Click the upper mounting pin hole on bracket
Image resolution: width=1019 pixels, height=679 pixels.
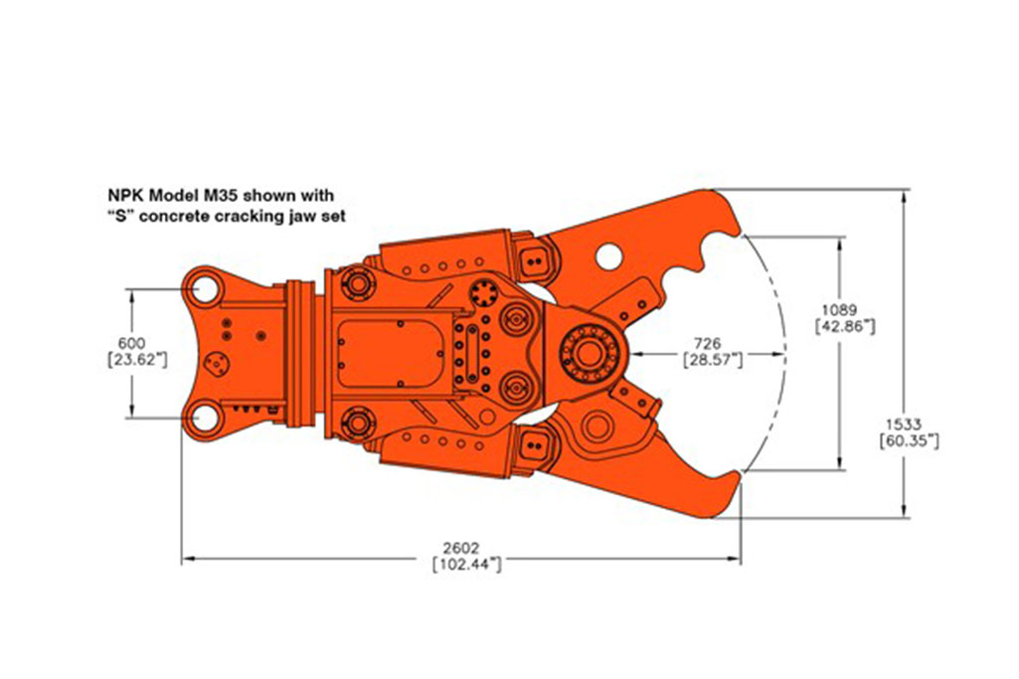tap(204, 288)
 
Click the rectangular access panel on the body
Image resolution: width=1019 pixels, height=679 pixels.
tap(390, 352)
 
